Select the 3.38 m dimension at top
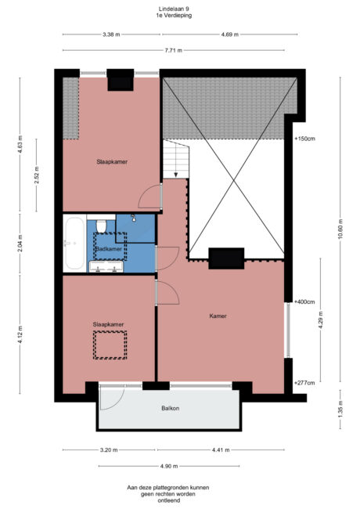point(111,34)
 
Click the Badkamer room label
point(109,249)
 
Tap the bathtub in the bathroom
point(74,243)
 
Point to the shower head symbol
point(134,217)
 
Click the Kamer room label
point(218,316)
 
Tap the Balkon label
point(170,408)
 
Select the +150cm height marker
point(304,139)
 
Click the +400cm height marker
point(304,301)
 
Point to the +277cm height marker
point(304,383)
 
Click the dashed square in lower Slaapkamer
point(109,345)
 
